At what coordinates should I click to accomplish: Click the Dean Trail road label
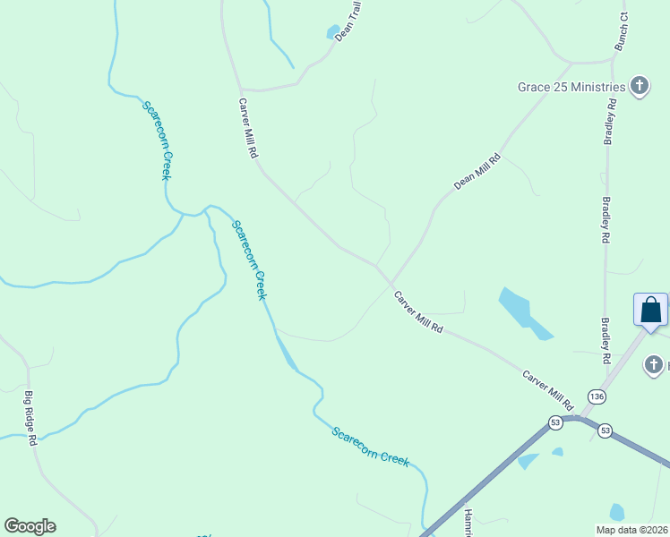[349, 20]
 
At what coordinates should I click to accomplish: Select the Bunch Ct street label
[622, 32]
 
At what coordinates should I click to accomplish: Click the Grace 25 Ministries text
[571, 87]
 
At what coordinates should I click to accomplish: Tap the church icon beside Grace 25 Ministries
[639, 86]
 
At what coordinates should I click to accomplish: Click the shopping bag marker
[651, 310]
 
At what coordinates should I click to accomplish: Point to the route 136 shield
[597, 396]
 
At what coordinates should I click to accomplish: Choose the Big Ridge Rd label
[30, 418]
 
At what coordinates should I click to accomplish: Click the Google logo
[30, 526]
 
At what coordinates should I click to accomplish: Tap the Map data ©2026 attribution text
[631, 530]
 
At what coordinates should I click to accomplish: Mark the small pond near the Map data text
[616, 512]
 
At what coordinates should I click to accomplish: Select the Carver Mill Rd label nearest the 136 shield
[548, 385]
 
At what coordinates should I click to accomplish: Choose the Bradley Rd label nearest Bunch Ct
[611, 121]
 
